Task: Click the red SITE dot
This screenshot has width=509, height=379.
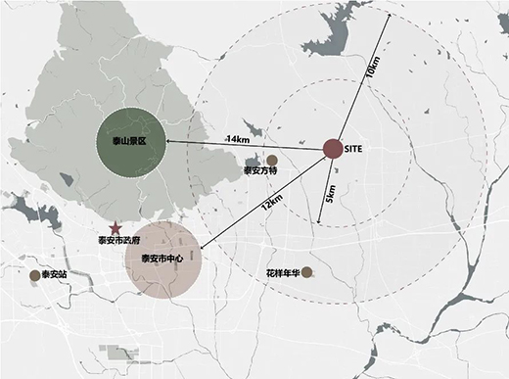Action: tap(332, 149)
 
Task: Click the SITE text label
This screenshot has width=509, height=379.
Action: tap(356, 150)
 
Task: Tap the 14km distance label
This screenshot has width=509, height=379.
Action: tap(238, 140)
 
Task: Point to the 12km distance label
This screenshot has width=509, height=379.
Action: tap(272, 203)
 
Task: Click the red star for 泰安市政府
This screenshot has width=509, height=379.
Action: tap(116, 226)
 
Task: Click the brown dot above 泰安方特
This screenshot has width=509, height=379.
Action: tap(271, 160)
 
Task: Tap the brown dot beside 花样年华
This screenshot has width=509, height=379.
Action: tap(307, 271)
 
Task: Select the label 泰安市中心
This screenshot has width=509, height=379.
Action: tap(162, 259)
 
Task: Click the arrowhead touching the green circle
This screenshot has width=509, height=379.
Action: tap(166, 142)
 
